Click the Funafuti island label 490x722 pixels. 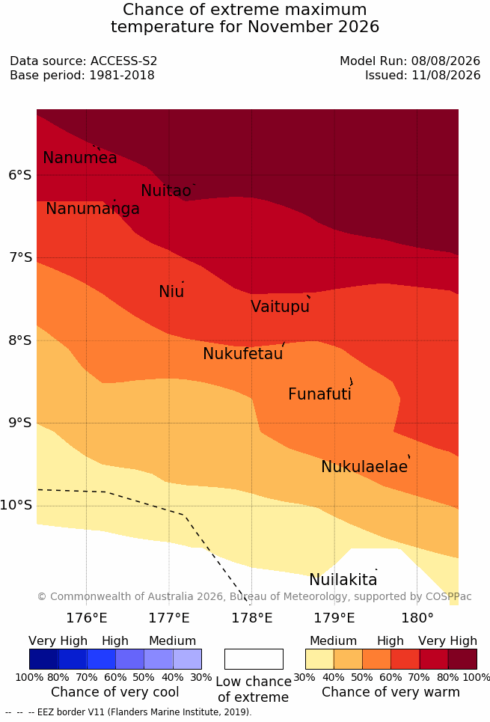coord(319,394)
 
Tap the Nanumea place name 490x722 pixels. coord(79,158)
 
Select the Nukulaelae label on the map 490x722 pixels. coord(364,467)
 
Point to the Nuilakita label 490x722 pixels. coord(343,580)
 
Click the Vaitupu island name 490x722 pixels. coord(280,307)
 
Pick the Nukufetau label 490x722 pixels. coord(242,354)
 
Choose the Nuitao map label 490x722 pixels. coord(166,191)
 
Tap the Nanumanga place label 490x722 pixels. coord(93,209)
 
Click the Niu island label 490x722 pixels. coord(171,292)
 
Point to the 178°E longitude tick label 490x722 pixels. coord(251,618)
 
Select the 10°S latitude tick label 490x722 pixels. coord(16,506)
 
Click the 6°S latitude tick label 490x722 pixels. coord(20,175)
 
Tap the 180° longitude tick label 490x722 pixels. coord(417,618)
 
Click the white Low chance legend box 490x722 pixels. coord(254,659)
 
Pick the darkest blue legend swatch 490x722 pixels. coord(43,659)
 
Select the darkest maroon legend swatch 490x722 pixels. coord(462,659)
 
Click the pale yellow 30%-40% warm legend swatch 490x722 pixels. coord(319,659)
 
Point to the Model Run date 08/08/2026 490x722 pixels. coord(446,61)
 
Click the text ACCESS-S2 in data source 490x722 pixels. coord(124,61)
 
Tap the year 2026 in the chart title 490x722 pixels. coord(359,27)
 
